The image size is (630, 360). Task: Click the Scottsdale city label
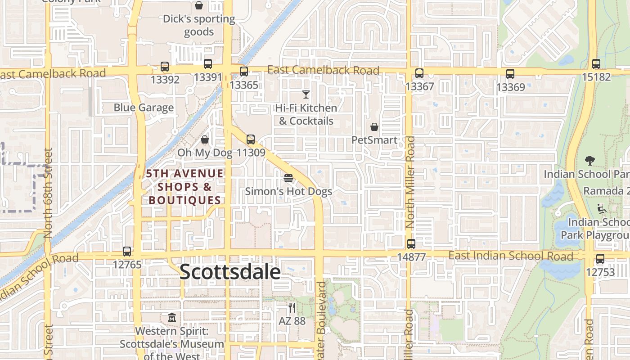pos(230,272)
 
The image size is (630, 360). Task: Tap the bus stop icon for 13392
pos(165,67)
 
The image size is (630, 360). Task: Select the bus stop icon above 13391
pos(207,64)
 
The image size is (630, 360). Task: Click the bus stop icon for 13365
pos(244,71)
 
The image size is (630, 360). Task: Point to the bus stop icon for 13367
pos(419,73)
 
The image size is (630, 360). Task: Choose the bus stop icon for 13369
pos(510,74)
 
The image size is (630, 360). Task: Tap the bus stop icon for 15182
pos(596,64)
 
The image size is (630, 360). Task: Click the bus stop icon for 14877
pos(411,244)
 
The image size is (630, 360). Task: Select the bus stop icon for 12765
pos(127,252)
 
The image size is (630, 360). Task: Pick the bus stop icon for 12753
pos(600,259)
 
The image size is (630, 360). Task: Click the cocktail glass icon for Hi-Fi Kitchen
pos(306,94)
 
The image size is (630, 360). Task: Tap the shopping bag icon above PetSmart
pos(374,127)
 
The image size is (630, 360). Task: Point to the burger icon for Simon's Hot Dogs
pos(288,178)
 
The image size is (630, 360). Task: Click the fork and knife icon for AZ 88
pos(292,308)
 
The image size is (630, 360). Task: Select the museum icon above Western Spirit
pos(171,318)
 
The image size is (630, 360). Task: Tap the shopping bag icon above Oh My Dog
pos(205,139)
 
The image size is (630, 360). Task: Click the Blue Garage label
pos(144,108)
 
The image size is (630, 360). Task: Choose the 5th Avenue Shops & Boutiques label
pos(185,187)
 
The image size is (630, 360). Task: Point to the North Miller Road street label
pos(410,182)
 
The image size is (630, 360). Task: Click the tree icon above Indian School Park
pos(589,160)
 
